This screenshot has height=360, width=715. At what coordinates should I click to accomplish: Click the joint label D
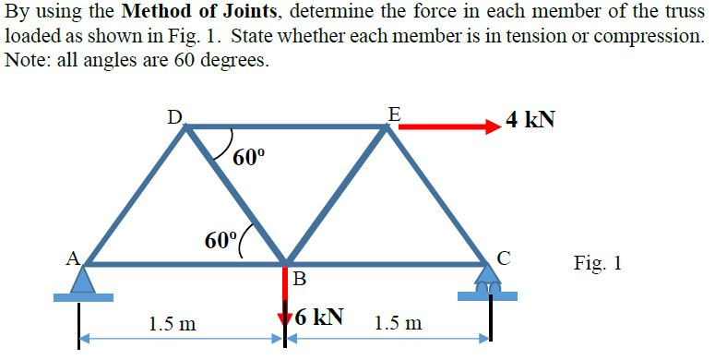(173, 116)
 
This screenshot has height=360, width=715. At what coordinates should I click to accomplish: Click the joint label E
(394, 114)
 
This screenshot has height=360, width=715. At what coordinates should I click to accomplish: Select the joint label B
(299, 279)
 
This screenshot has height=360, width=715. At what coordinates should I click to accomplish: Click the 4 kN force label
(530, 121)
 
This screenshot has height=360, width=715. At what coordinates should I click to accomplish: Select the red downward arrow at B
(285, 300)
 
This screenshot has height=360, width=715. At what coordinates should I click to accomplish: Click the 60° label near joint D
(249, 156)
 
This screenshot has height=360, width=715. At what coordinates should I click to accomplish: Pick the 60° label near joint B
(221, 240)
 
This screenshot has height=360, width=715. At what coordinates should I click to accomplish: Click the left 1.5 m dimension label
(173, 324)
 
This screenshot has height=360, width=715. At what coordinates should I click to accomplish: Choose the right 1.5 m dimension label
(399, 323)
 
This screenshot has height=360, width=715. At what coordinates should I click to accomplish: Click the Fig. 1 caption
(597, 263)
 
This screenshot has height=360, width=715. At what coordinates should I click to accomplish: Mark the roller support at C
(488, 282)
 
